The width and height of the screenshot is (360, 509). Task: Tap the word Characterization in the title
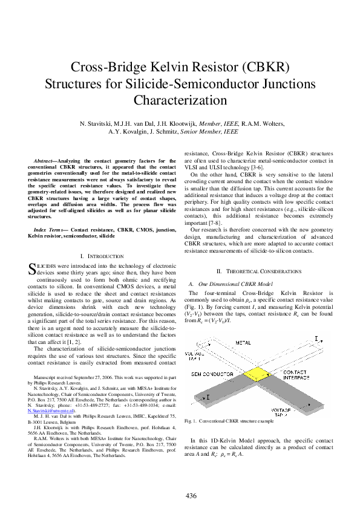coord(180,99)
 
